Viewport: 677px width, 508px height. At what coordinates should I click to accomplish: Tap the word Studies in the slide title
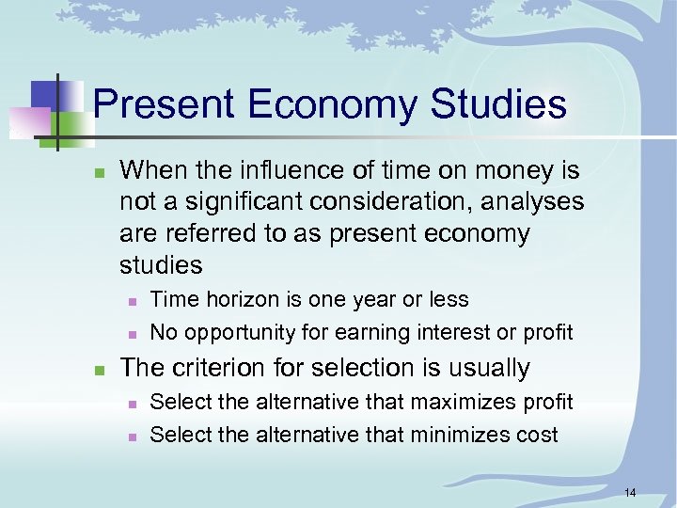(x=498, y=103)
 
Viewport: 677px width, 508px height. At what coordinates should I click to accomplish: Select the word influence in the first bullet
(x=276, y=170)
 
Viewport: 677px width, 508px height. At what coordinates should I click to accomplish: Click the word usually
(x=490, y=368)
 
